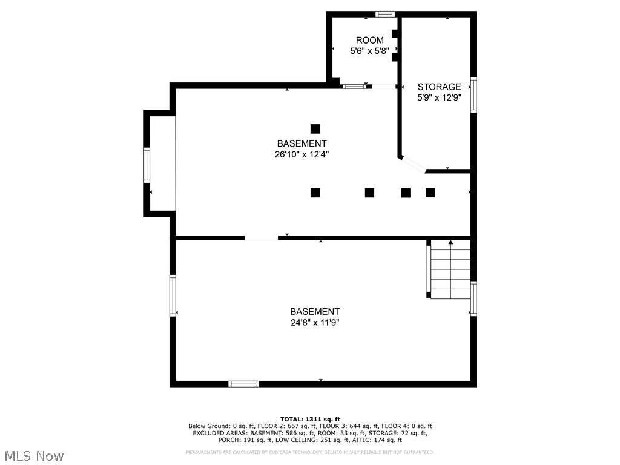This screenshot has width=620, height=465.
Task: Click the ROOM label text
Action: [x=369, y=41]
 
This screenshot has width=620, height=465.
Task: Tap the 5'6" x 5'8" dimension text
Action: [x=369, y=51]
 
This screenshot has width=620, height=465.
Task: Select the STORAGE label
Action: [x=439, y=87]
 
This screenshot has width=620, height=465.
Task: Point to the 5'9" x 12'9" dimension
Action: [x=439, y=97]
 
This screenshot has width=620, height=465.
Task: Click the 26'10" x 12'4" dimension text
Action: [x=302, y=154]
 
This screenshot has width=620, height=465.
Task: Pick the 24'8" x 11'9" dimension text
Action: [x=314, y=323]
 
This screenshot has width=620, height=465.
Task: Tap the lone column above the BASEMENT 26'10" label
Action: [x=315, y=128]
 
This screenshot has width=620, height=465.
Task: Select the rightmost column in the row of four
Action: [x=430, y=193]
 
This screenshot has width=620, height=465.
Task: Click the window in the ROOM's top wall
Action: [x=385, y=14]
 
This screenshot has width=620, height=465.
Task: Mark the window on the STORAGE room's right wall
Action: [x=473, y=95]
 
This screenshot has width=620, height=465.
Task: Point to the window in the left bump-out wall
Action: [x=147, y=165]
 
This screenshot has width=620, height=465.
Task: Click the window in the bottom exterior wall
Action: [x=243, y=383]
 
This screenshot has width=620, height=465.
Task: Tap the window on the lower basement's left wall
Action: [x=173, y=295]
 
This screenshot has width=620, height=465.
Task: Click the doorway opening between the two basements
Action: [x=261, y=237]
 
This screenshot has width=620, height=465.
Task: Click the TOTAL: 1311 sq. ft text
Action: [x=310, y=419]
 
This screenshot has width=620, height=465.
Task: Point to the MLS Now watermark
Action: [x=34, y=455]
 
